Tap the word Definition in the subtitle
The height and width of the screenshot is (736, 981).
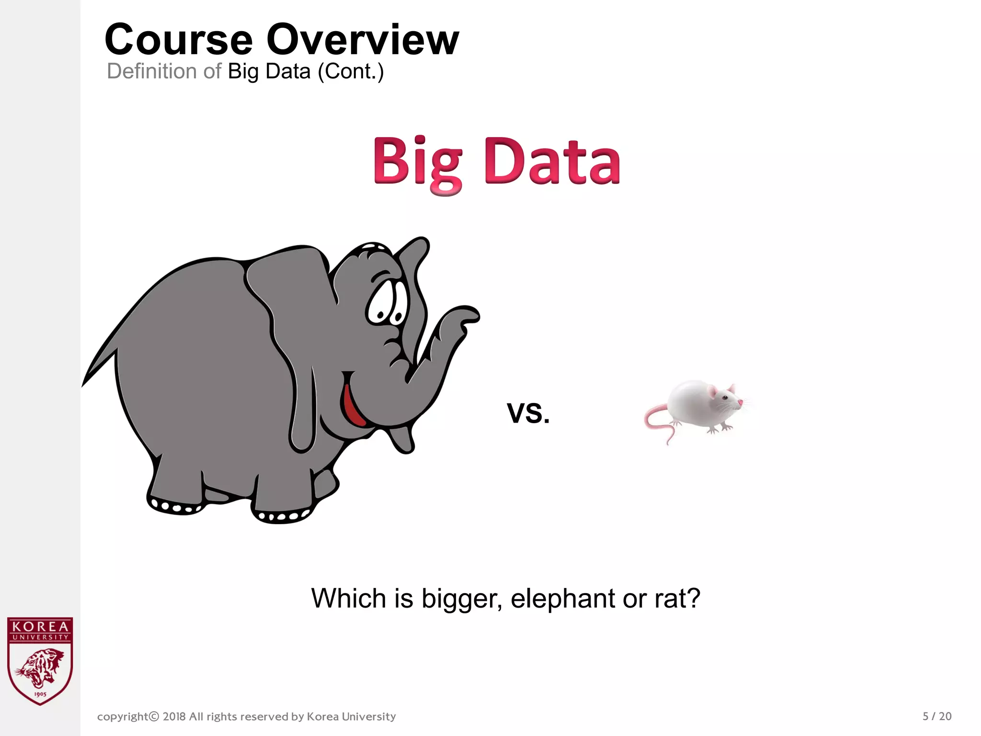click(x=151, y=71)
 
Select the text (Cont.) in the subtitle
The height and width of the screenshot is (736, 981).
click(x=351, y=71)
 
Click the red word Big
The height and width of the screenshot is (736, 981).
click(x=418, y=162)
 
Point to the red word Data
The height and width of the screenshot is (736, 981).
click(x=552, y=162)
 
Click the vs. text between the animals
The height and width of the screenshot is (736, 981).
click(x=528, y=412)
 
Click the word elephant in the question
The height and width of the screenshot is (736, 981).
click(x=563, y=598)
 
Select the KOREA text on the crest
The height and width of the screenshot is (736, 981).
click(x=40, y=626)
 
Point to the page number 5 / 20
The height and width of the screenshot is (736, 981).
click(x=937, y=716)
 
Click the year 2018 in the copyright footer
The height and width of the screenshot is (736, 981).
click(x=174, y=717)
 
